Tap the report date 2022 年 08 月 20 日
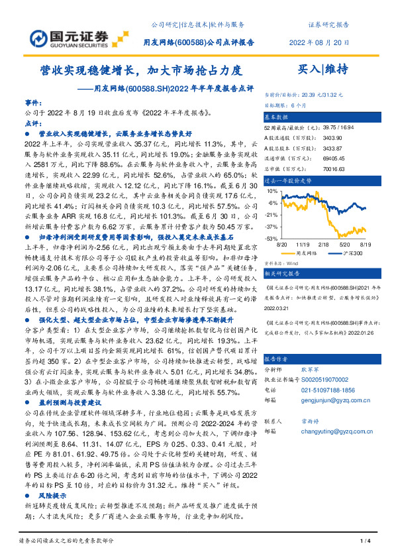click(x=320, y=41)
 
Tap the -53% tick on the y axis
click(x=271, y=237)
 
